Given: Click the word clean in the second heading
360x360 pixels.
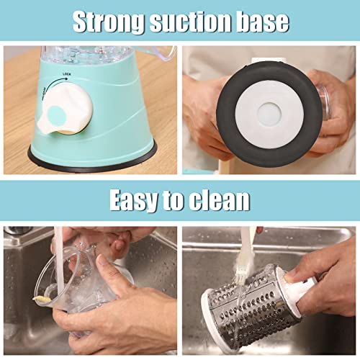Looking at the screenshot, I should [x=221, y=199].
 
